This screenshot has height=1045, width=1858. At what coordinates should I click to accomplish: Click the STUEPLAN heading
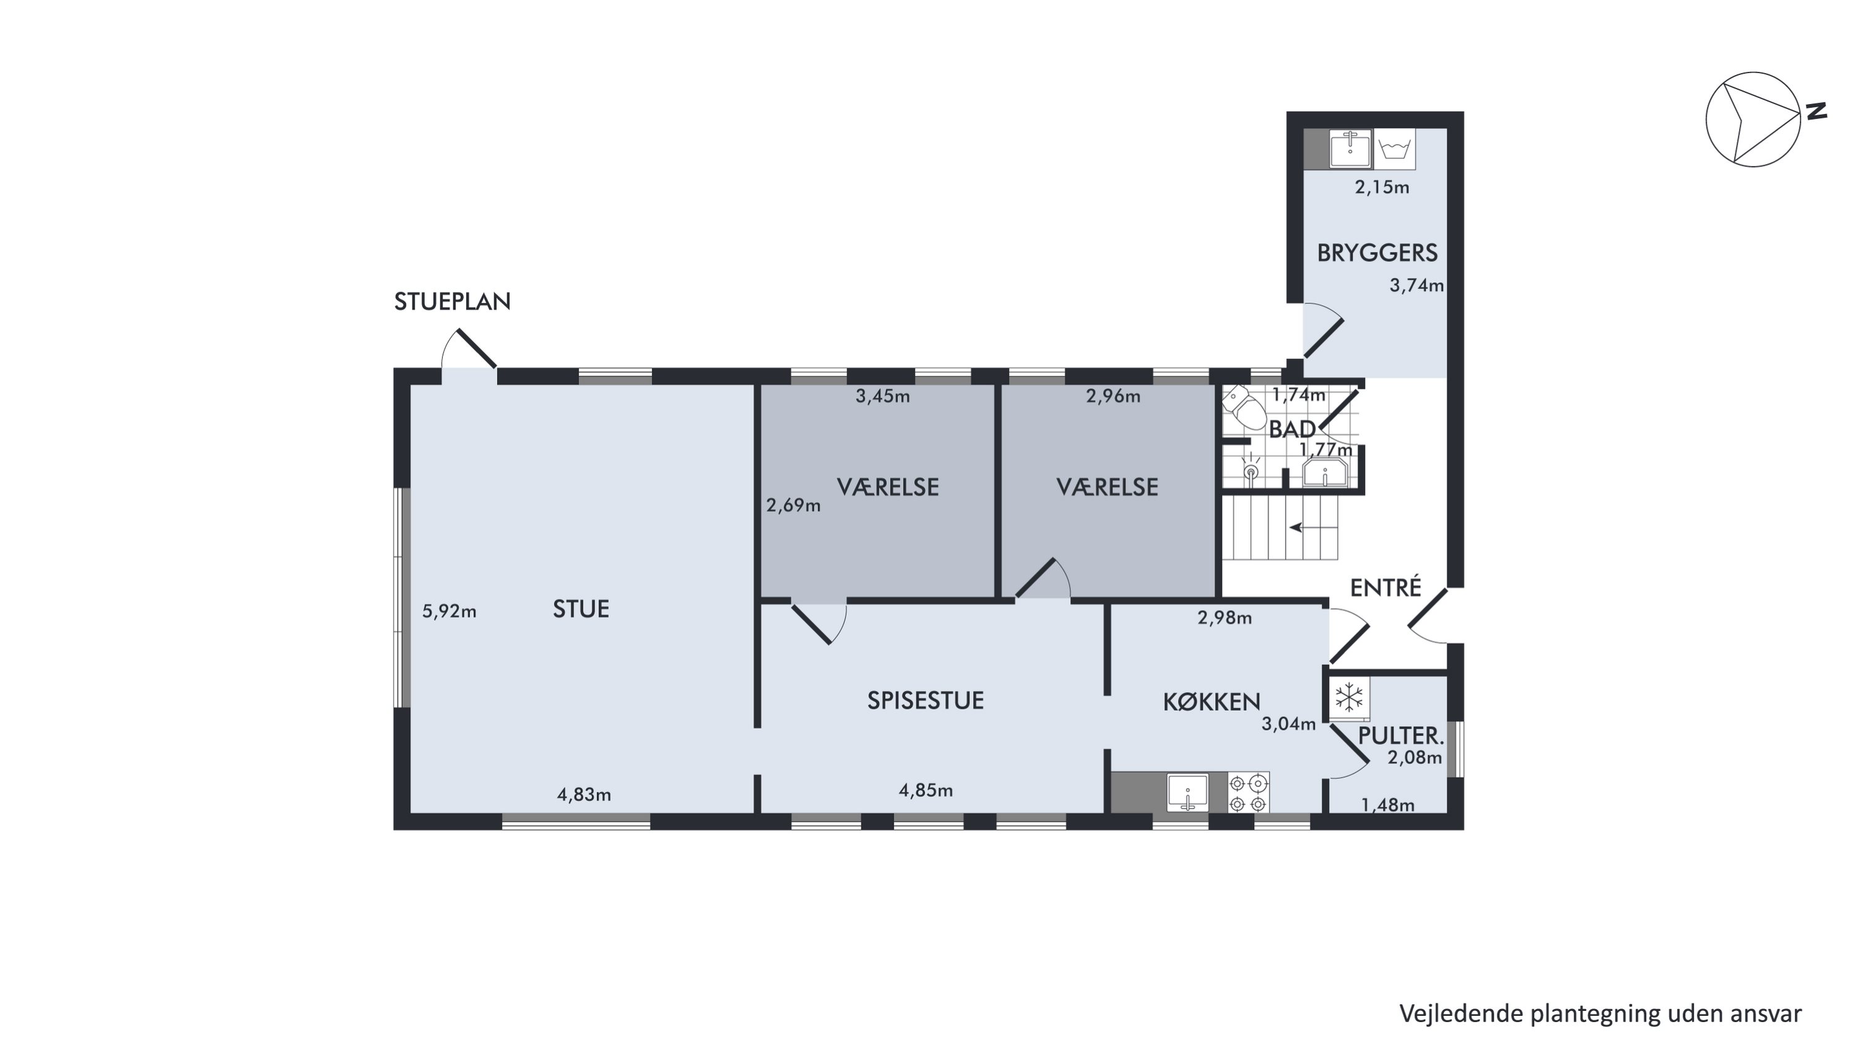click(452, 302)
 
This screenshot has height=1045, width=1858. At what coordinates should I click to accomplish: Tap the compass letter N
click(1816, 111)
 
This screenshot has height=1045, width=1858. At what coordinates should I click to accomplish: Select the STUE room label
click(581, 609)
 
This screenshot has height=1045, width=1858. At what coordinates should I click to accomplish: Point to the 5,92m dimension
click(448, 611)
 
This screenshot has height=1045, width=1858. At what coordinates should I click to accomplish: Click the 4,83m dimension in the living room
click(583, 795)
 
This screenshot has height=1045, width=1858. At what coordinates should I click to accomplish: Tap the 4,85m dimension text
click(925, 790)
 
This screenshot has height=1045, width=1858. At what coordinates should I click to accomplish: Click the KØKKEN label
click(1212, 702)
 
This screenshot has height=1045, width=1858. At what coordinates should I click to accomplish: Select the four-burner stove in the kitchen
click(1249, 792)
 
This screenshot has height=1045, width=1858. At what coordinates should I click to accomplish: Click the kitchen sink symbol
click(1187, 792)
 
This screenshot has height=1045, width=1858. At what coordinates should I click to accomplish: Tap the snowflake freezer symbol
click(1349, 698)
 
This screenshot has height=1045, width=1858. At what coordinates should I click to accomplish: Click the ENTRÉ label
click(1385, 588)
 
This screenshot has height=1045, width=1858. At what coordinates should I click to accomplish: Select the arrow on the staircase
click(1314, 527)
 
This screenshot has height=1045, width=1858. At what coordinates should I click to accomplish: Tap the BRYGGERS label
click(1377, 253)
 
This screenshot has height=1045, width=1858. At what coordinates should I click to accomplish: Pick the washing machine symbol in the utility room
click(1394, 149)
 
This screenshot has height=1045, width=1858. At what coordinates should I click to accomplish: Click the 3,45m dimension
click(882, 396)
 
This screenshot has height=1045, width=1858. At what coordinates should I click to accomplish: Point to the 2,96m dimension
click(1113, 396)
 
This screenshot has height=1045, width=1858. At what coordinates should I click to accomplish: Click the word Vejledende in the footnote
click(1461, 1014)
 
